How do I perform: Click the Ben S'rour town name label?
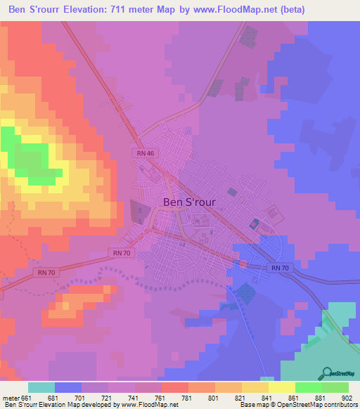coord(189,201)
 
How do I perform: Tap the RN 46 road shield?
coord(143,152)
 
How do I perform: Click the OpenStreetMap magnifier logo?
coord(328,372)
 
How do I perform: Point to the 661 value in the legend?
coord(27,397)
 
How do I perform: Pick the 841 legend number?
coord(268,397)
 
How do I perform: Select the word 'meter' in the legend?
coord(11,397)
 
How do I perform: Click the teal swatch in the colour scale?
coord(41,387)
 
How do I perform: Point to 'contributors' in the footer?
coord(338,405)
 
